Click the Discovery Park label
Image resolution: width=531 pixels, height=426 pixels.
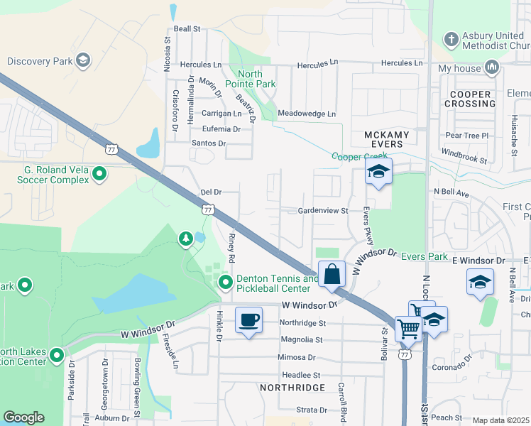[x=40, y=60]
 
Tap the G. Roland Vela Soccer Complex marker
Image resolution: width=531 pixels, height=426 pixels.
[x=99, y=173]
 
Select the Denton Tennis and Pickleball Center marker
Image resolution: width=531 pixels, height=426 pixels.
[x=226, y=284]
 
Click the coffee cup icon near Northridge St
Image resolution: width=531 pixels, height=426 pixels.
[x=248, y=320]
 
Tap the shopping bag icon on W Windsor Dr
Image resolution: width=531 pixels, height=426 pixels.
[x=332, y=273]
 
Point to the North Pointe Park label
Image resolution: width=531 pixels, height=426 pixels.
[x=250, y=79]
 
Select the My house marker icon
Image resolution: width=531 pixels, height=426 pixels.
[x=491, y=68]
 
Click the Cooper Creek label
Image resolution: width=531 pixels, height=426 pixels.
[x=359, y=156]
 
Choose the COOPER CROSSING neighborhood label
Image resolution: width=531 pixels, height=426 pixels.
[x=470, y=99]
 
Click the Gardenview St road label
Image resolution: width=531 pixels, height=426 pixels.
[x=323, y=211]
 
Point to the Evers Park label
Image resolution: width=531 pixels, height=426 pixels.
[x=425, y=256]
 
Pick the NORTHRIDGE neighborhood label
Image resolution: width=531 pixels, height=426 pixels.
[x=292, y=388]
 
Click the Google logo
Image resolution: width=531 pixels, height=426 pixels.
[x=23, y=418]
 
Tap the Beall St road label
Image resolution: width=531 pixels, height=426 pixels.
[x=187, y=29]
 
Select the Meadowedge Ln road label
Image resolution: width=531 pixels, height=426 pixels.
[x=306, y=114]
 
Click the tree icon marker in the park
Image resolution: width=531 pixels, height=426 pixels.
[x=186, y=238]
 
